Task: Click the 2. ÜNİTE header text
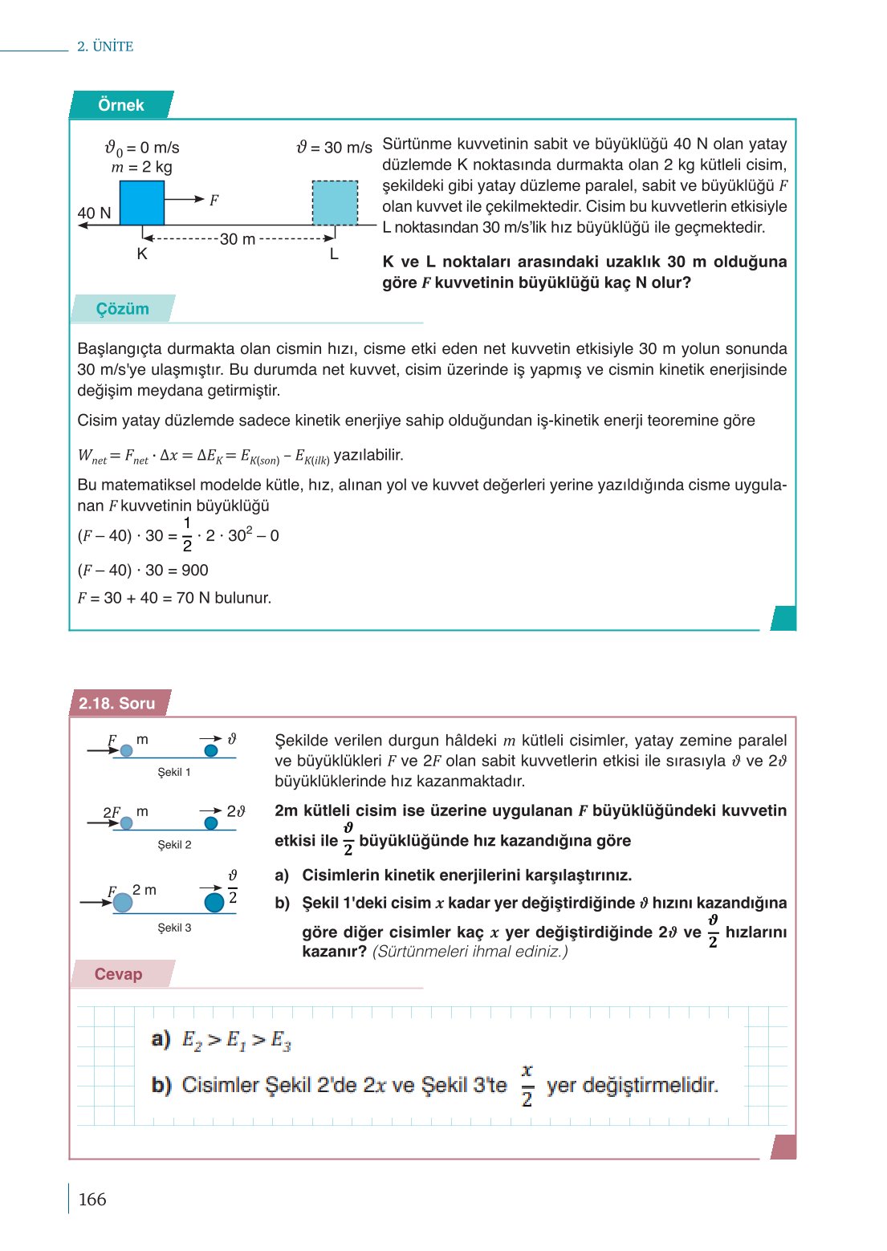[105, 47]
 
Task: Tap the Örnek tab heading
[120, 105]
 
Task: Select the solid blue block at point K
[142, 203]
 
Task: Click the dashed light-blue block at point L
[335, 203]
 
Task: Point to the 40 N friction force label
[94, 213]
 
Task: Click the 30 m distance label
[238, 239]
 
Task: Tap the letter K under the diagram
[142, 254]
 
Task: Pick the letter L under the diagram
[334, 254]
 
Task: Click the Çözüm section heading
[122, 309]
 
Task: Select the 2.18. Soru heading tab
[117, 704]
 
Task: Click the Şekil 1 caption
[174, 772]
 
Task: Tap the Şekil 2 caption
[174, 845]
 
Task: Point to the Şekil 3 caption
[174, 928]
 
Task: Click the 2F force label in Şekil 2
[112, 812]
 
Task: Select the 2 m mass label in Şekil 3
[144, 890]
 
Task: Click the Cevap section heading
[118, 974]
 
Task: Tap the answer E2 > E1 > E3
[236, 1041]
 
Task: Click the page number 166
[92, 1200]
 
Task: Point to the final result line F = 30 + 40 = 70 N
[174, 598]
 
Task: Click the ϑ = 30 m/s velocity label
[334, 148]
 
